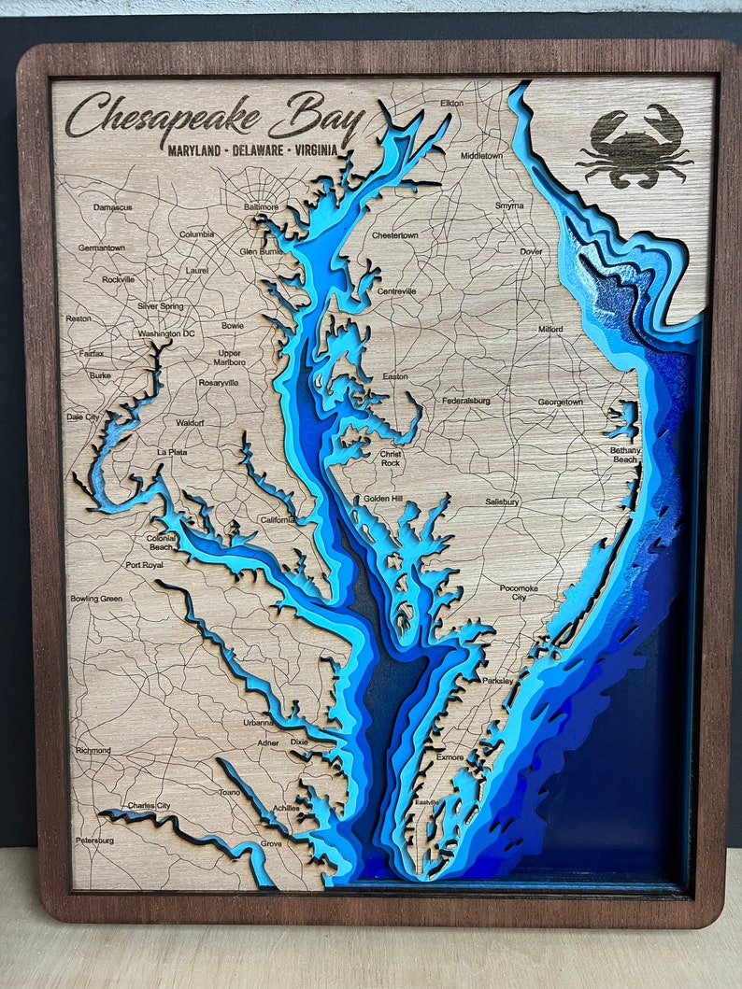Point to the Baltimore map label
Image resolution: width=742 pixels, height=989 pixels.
[x=261, y=206]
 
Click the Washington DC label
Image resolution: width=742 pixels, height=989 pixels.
[x=165, y=333]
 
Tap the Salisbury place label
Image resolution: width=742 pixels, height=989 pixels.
[x=502, y=502]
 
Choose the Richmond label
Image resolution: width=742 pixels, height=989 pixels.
[x=93, y=750]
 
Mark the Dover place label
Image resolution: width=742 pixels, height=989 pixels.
[x=531, y=251]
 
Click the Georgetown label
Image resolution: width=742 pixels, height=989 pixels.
[x=560, y=402]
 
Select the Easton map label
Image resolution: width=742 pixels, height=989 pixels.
[x=395, y=376]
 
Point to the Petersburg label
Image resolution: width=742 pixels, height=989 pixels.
[x=94, y=841]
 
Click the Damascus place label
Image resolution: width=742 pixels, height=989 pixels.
[x=112, y=206]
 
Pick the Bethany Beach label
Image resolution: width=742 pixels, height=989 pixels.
[x=625, y=455]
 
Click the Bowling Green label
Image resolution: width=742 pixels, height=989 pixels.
[x=95, y=598]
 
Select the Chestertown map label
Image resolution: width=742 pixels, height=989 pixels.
[x=394, y=235]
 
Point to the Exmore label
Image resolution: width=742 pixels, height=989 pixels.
[x=449, y=757]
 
